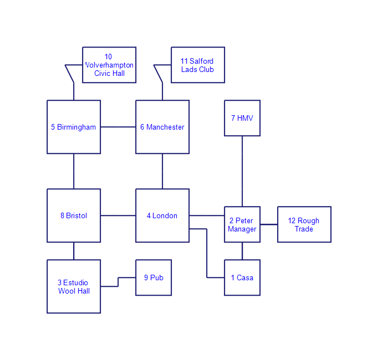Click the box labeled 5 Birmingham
click(x=74, y=127)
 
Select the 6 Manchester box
click(x=162, y=127)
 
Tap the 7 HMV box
click(x=242, y=118)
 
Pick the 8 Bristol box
click(x=74, y=215)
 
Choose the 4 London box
click(x=162, y=215)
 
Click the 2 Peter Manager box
click(x=242, y=224)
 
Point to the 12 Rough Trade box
click(x=304, y=224)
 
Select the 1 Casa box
click(x=242, y=277)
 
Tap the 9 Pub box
click(x=154, y=277)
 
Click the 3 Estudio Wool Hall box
click(x=74, y=286)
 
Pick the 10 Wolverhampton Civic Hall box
click(x=109, y=65)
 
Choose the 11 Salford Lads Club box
click(x=198, y=65)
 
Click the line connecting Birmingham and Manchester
click(x=118, y=127)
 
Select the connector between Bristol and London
click(x=118, y=215)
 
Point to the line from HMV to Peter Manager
click(x=242, y=171)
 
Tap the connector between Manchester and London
click(x=162, y=171)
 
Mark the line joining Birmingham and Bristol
click(x=74, y=171)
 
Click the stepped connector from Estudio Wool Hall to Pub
click(x=118, y=282)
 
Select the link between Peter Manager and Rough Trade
click(x=269, y=224)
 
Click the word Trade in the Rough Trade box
click(x=304, y=229)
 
